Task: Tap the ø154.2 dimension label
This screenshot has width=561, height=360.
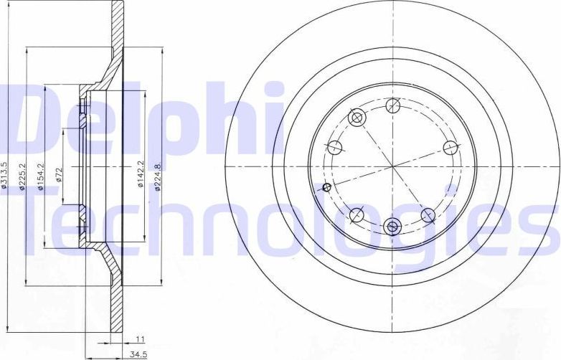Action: coord(40,176)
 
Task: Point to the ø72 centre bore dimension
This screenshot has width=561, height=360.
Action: coord(59,175)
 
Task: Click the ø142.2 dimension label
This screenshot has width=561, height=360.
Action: coord(141,175)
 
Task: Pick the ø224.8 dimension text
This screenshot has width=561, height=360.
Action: coord(159,175)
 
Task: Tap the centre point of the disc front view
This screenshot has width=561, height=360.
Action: coord(392,166)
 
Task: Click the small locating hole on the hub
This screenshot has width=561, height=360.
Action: coord(328,188)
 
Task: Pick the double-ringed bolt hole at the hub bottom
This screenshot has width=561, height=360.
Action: coord(392,227)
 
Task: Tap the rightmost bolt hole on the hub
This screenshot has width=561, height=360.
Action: coord(450,148)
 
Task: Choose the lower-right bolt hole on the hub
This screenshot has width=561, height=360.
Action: coord(428,214)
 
